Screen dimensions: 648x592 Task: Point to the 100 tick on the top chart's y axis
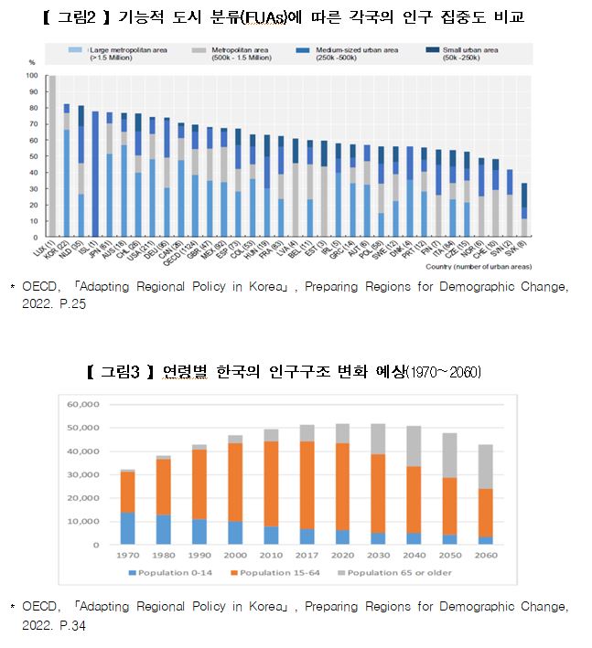pos(32,76)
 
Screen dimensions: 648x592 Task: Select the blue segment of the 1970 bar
pos(129,528)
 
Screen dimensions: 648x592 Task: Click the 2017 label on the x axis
pos(308,555)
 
